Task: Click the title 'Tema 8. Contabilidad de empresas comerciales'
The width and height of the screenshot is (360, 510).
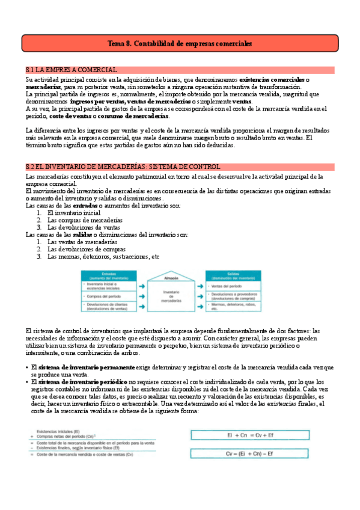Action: click(x=179, y=44)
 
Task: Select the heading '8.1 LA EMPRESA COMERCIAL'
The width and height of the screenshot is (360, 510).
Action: click(x=72, y=70)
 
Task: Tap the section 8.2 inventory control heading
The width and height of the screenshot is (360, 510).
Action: click(x=123, y=167)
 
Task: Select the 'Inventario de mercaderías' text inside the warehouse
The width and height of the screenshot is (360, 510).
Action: click(x=171, y=295)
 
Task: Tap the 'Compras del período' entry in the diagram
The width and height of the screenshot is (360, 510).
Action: click(x=103, y=296)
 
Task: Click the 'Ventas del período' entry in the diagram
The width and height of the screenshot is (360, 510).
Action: click(x=230, y=286)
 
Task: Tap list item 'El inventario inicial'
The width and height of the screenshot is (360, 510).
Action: click(x=75, y=213)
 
